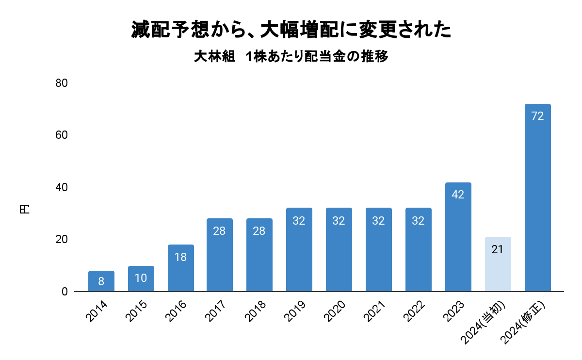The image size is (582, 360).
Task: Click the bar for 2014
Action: (x=101, y=281)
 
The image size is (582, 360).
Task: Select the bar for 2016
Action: (x=180, y=268)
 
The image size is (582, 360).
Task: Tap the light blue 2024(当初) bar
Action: (x=498, y=264)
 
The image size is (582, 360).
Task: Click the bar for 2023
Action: (x=458, y=237)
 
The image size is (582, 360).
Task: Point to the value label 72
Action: (x=537, y=116)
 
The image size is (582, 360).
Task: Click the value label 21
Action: (x=498, y=250)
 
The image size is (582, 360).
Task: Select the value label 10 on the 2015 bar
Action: (x=141, y=278)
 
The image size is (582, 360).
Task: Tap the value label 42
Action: (x=458, y=195)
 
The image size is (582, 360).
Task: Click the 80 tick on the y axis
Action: (x=61, y=83)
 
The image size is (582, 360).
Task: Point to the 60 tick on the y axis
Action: (x=61, y=135)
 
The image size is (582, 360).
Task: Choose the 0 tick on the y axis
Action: (x=64, y=292)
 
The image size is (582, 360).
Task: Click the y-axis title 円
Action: (x=24, y=210)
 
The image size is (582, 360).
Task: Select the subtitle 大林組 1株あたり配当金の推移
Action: (x=291, y=57)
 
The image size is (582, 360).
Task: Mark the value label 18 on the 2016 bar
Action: (x=180, y=257)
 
